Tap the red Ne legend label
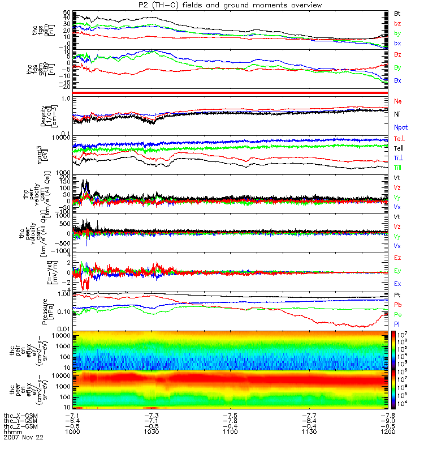tap(397, 101)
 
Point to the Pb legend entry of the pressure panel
tap(397, 305)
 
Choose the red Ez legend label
tap(397, 258)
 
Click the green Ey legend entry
tap(397, 271)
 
